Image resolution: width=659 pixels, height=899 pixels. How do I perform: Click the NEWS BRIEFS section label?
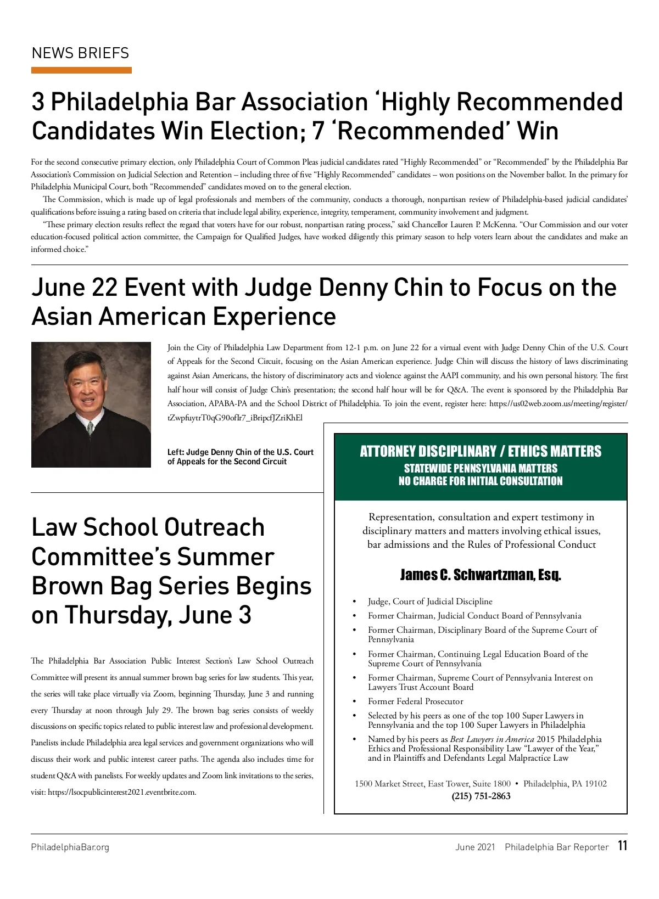click(x=80, y=53)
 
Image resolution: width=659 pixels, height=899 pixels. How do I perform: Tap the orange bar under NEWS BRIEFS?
click(x=81, y=70)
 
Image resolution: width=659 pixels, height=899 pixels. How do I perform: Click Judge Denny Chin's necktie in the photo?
click(x=91, y=426)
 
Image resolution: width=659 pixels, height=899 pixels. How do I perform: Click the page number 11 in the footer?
click(x=622, y=846)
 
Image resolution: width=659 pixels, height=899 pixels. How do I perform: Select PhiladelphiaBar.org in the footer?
click(x=70, y=847)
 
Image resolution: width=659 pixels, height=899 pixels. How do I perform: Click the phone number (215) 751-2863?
click(x=481, y=796)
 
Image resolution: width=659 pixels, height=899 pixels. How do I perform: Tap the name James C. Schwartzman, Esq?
click(x=481, y=575)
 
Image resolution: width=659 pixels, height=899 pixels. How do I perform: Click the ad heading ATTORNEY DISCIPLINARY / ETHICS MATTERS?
click(x=481, y=451)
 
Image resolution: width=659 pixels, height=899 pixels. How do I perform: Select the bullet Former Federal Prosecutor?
click(x=415, y=701)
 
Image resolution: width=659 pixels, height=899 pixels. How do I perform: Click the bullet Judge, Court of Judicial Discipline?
click(x=430, y=602)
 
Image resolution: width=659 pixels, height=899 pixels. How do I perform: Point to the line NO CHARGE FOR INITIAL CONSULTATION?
click(x=481, y=481)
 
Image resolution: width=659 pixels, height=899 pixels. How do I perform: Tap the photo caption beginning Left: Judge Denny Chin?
click(x=240, y=457)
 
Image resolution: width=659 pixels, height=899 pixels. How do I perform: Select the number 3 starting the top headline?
click(x=38, y=102)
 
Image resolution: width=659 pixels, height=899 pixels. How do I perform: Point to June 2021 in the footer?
click(x=475, y=847)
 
